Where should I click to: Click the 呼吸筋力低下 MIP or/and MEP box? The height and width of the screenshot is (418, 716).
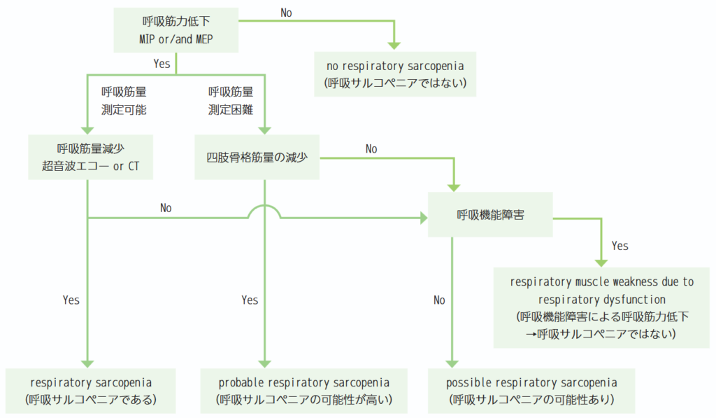[176, 29]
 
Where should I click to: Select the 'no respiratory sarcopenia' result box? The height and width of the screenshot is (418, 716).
[395, 74]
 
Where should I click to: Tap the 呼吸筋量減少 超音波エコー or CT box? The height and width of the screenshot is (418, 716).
[90, 157]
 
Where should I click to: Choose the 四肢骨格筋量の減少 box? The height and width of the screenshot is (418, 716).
[257, 157]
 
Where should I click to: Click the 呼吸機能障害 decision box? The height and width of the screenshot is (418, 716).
[490, 214]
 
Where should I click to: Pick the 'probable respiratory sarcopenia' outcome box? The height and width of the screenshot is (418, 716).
[303, 391]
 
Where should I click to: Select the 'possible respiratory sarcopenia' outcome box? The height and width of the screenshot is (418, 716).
[531, 391]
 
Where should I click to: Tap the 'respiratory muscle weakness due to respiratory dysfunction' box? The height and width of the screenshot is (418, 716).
[601, 308]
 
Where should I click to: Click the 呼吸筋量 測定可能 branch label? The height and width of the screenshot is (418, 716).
[124, 101]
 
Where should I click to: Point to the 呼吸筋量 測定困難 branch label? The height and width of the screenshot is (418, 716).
[231, 101]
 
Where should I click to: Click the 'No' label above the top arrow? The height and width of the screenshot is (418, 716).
[286, 13]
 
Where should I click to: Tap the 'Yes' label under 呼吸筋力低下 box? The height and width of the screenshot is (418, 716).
[162, 64]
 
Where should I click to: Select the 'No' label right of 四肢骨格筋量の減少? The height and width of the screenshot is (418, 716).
[371, 148]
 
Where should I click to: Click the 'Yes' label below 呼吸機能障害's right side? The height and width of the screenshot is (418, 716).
[620, 246]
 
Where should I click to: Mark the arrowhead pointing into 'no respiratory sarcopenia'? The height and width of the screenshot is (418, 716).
[394, 46]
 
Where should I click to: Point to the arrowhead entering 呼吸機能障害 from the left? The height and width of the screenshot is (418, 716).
[424, 218]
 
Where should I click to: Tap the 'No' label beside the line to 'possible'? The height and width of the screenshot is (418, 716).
[439, 300]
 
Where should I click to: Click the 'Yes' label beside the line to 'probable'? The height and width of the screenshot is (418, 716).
[250, 300]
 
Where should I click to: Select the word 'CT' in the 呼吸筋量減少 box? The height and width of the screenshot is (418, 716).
[134, 166]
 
